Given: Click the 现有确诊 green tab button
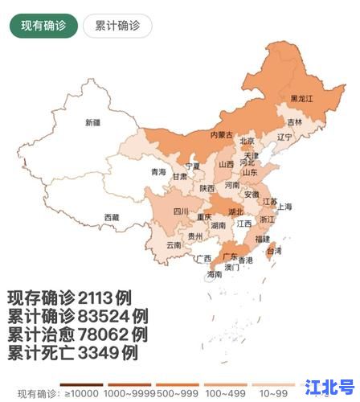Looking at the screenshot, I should point(43,25).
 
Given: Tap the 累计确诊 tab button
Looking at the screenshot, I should point(117,25).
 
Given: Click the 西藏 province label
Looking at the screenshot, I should point(111,217).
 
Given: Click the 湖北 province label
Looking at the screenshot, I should point(235,212).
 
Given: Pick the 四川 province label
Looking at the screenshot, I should point(181,211).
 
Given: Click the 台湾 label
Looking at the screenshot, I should point(274,251).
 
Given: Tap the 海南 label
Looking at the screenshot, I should point(214,274).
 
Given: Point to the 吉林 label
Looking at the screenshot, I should point(295,122).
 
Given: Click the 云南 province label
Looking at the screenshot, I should point(174,244).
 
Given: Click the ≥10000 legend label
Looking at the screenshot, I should point(82,393).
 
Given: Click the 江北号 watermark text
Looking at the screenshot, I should point(331,387).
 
